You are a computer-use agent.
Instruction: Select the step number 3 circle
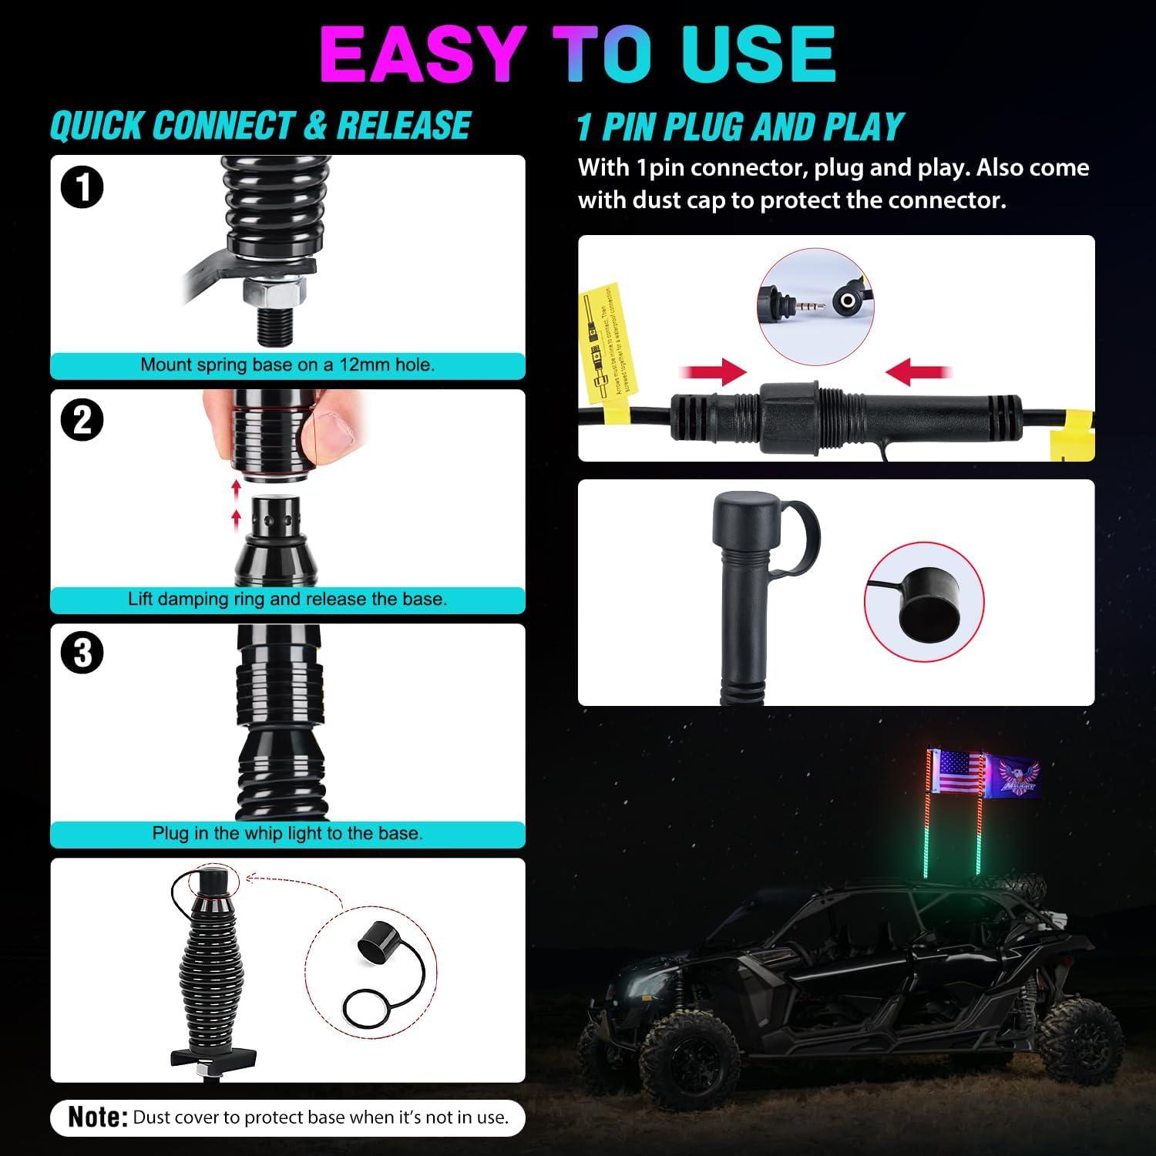pyautogui.click(x=82, y=654)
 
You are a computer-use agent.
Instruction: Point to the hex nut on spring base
pyautogui.click(x=275, y=291)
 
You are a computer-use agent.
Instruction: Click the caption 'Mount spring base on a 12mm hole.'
pyautogui.click(x=287, y=365)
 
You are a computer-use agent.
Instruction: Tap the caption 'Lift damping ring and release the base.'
pyautogui.click(x=287, y=600)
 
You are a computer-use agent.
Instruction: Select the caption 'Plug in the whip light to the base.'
pyautogui.click(x=287, y=834)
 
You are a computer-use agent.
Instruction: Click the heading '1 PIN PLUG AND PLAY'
pyautogui.click(x=740, y=127)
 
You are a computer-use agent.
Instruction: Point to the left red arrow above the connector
pyautogui.click(x=713, y=374)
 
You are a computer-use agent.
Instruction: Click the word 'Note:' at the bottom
pyautogui.click(x=98, y=1117)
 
